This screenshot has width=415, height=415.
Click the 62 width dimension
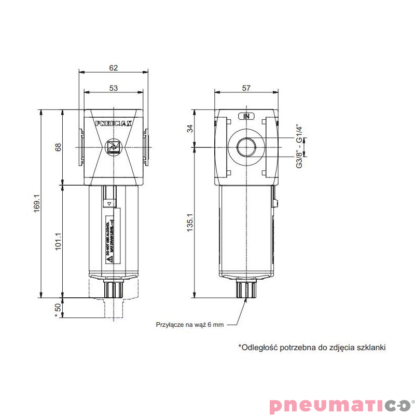tap(114, 67)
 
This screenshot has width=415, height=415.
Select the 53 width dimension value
tap(114, 88)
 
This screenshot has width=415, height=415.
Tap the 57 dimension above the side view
tap(246, 88)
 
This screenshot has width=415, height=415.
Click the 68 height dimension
tap(59, 147)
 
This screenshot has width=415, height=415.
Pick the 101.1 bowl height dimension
tap(59, 241)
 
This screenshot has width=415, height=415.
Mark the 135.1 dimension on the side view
tap(190, 223)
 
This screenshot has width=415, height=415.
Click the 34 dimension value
tap(190, 129)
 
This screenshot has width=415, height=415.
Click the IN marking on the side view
tap(246, 116)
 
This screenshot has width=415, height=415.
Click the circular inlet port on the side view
tap(246, 148)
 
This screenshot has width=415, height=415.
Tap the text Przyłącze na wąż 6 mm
tap(190, 325)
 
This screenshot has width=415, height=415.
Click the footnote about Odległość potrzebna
tap(312, 348)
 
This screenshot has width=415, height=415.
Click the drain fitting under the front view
tap(114, 289)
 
